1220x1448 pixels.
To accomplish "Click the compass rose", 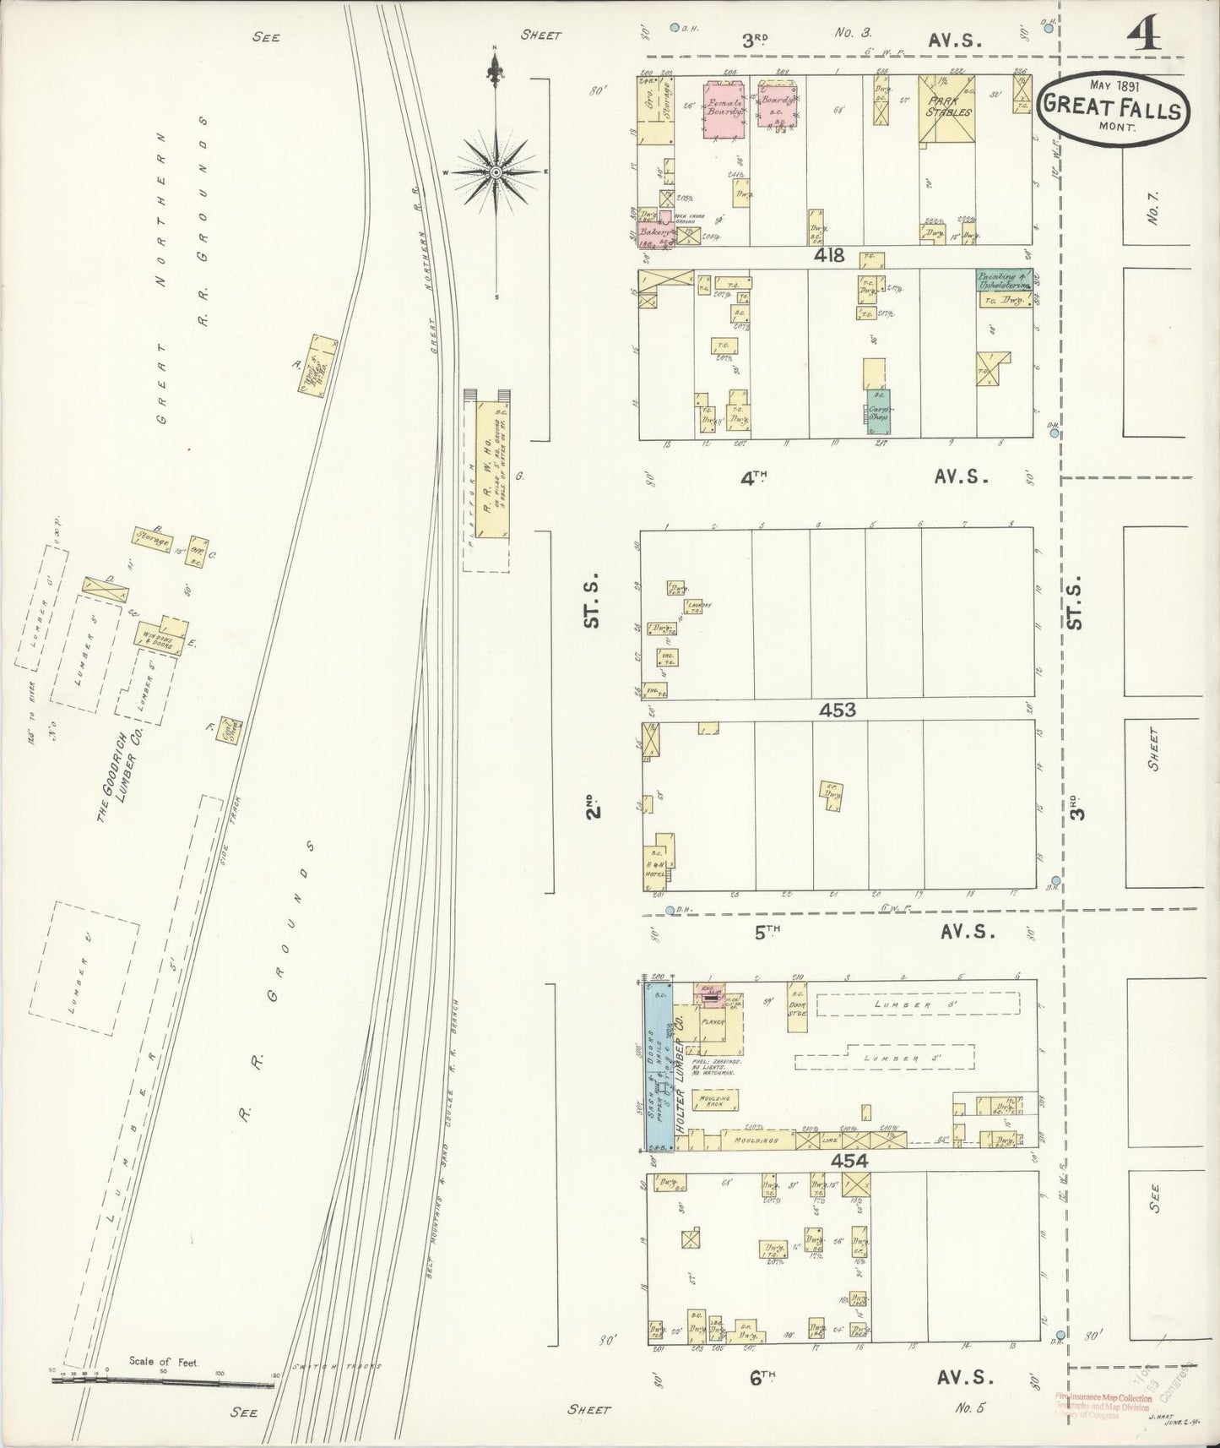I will (x=496, y=172).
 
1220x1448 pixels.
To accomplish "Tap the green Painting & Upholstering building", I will (x=1005, y=280).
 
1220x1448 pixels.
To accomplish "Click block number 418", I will (x=831, y=255).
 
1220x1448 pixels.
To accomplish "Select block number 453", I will (x=837, y=710).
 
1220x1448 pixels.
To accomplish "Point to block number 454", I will (x=849, y=1162).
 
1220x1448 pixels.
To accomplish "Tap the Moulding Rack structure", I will (x=714, y=1099).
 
